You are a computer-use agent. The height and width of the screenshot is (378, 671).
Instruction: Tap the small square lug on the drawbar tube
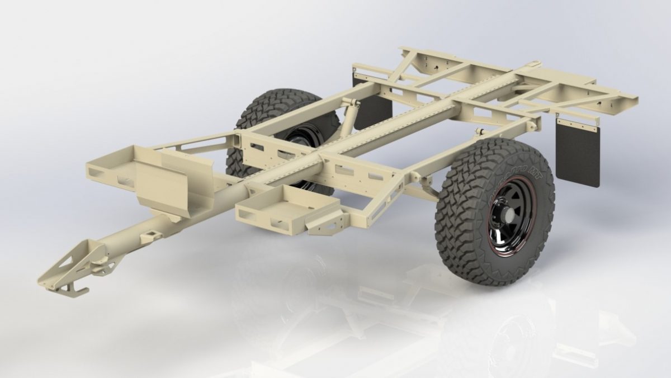point(152,231)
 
